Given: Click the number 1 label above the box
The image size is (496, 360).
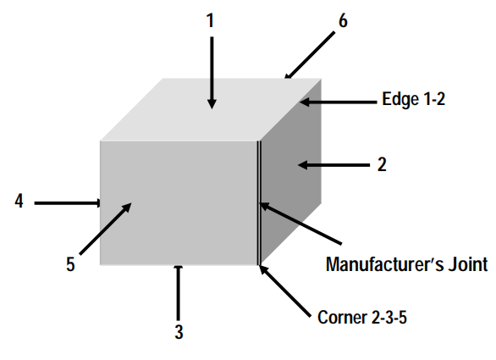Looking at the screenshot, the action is (211, 21).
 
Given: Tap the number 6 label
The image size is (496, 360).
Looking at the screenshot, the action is (343, 21).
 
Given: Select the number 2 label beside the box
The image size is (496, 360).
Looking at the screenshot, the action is (382, 164).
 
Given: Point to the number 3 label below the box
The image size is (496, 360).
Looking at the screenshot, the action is (179, 332).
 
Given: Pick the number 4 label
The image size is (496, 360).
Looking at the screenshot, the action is (19, 201).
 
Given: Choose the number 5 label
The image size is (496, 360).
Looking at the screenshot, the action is (70, 264).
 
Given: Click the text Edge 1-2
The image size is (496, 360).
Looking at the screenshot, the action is (413, 99).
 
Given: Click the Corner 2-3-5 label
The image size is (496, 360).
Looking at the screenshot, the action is (362, 318).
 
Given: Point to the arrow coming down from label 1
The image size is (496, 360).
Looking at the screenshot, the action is (212, 73).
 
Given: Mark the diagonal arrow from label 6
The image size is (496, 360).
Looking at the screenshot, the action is (309, 55).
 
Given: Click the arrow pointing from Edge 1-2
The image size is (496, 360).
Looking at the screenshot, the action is (338, 102).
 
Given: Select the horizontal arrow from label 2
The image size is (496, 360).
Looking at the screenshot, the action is (333, 165).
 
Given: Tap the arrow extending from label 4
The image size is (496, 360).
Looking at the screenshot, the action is (68, 203).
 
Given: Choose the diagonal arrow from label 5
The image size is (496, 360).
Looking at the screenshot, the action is (105, 229).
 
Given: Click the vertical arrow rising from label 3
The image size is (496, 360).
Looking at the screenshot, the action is (179, 293).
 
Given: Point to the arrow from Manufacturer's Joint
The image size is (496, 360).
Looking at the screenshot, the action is (300, 224).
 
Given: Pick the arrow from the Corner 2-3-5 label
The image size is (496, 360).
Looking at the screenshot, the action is (285, 291).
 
